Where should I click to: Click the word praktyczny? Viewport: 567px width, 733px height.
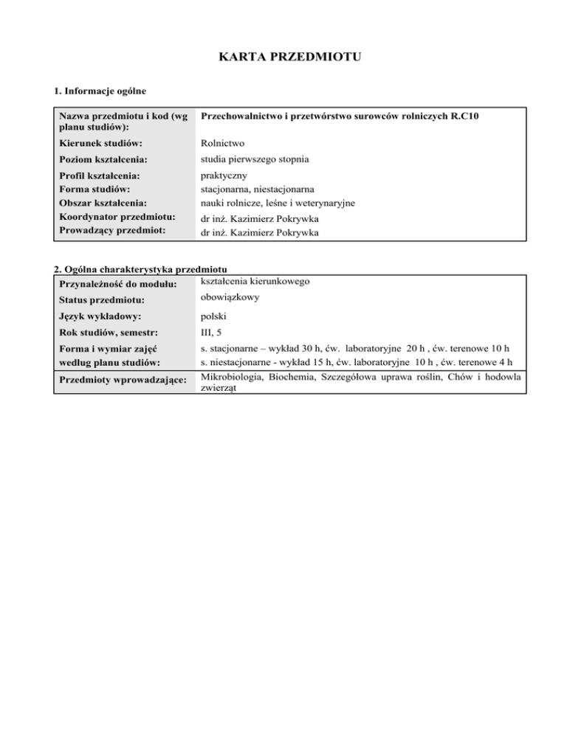point(225,176)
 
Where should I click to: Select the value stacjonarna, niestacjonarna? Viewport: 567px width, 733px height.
point(258,190)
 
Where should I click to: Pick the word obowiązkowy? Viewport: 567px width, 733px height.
point(231,298)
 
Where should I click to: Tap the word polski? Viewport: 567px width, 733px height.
point(214,316)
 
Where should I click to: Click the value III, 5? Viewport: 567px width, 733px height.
point(213,333)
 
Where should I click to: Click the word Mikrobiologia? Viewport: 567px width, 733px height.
point(235,377)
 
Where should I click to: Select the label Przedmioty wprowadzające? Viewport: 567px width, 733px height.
point(121,381)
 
